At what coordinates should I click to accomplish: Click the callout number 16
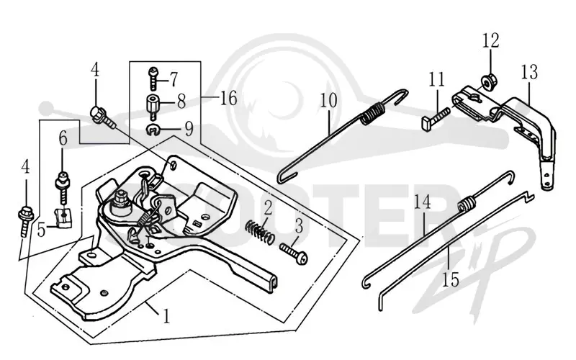228,99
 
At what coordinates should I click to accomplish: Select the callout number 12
491,40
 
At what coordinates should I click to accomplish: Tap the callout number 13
529,72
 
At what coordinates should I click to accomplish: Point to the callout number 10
328,100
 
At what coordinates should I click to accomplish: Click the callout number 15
451,280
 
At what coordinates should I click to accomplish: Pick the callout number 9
189,129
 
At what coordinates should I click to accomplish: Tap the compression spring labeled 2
260,231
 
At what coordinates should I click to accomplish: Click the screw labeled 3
293,253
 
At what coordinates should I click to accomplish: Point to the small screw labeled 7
154,78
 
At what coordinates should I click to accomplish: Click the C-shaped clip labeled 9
153,130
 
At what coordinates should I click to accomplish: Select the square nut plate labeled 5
63,217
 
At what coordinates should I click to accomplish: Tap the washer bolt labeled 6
63,189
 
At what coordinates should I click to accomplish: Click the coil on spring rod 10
373,112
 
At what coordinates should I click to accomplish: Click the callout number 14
423,202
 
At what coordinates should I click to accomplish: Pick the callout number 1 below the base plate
166,316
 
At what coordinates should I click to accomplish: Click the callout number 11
436,79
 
